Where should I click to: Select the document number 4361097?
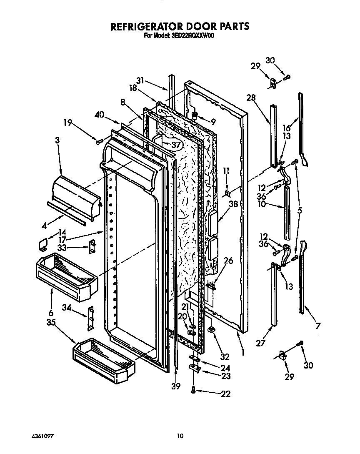[42, 436]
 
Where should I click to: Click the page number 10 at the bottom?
[180, 436]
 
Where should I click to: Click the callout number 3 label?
[57, 141]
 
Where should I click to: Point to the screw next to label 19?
[99, 142]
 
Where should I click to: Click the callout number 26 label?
[228, 261]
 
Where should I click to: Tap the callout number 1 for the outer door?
[242, 345]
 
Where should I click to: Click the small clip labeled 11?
[227, 193]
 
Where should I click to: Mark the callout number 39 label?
[176, 386]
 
